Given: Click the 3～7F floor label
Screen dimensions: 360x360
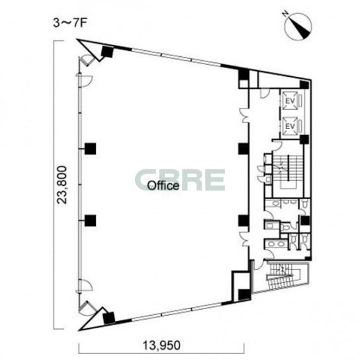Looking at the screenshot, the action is click(69, 23).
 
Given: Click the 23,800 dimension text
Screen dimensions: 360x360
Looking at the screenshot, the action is click(62, 185).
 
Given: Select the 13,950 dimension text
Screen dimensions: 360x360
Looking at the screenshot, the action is click(161, 345).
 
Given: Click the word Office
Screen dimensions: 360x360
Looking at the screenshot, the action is click(163, 185).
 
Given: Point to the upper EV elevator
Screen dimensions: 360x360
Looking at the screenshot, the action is click(291, 101).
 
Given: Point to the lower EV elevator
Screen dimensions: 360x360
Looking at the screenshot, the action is click(291, 126).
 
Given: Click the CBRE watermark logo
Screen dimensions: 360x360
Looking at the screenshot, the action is click(180, 180).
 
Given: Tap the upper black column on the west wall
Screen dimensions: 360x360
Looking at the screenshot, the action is click(90, 148).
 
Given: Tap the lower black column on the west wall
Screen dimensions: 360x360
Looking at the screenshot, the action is click(90, 220).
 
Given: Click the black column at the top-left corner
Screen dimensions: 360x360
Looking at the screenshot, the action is click(107, 52).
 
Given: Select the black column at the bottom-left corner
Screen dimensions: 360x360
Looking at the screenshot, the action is click(109, 318).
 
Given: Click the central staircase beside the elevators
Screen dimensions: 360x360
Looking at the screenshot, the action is click(288, 172).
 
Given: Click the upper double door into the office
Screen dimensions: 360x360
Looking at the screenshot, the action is click(244, 115).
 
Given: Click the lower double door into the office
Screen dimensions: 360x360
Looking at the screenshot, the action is click(244, 238).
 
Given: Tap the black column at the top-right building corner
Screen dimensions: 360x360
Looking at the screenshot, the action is click(304, 84).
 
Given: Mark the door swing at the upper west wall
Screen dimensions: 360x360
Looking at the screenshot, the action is click(85, 81).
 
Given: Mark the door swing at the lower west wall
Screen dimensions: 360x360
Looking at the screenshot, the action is click(85, 286).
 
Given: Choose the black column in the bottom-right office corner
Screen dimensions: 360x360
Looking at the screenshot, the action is click(244, 294).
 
